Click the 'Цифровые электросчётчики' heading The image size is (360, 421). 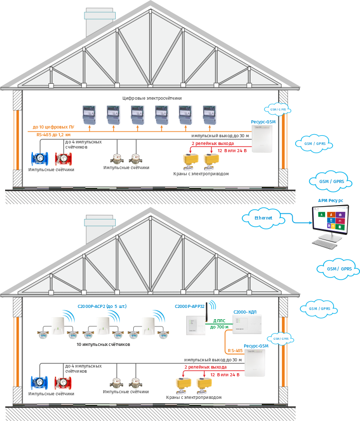coord(152,98)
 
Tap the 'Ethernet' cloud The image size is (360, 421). coord(263,217)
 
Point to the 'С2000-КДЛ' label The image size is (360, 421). coord(245,312)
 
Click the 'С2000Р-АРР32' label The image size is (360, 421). coord(190,306)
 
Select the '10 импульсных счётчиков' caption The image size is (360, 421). coord(103,344)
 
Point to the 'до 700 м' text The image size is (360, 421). coord(219,327)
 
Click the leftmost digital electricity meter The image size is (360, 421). coord(89,115)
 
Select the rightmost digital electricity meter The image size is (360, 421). coord(210,115)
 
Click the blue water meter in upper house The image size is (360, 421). coord(39,159)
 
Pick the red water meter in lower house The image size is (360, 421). coord(64,383)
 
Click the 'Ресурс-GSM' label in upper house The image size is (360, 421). coord(263,122)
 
